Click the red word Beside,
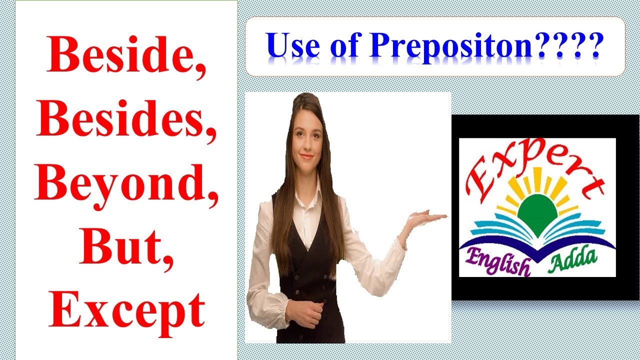[126, 56]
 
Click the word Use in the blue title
[292, 46]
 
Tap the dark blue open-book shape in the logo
[538, 247]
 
